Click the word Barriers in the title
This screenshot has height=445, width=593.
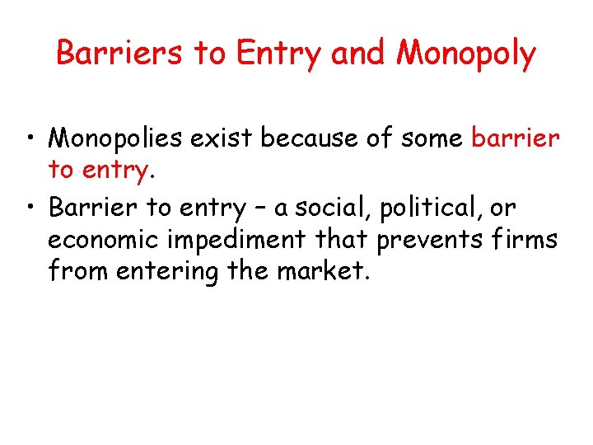point(120,54)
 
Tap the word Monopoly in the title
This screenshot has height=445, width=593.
point(466,54)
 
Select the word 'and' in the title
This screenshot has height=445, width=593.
point(359,54)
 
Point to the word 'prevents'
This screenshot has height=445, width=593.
point(427,241)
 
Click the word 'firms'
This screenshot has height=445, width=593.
point(526,241)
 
